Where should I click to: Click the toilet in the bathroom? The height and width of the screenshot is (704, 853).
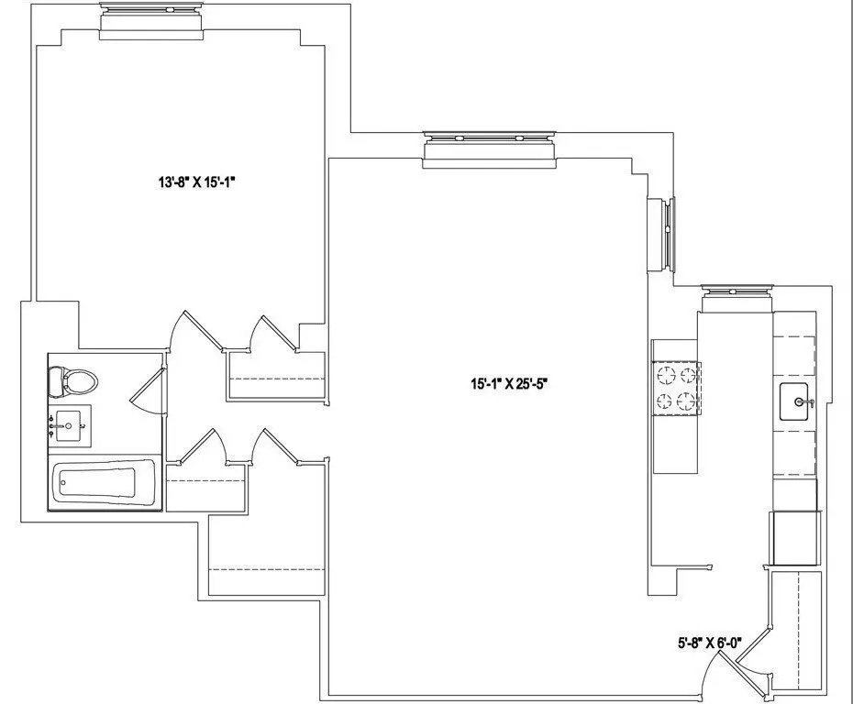coord(71,380)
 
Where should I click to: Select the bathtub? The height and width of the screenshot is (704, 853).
coord(94,481)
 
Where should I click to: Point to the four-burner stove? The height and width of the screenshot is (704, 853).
coord(677,387)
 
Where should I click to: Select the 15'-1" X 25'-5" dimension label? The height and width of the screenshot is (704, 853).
coord(510,384)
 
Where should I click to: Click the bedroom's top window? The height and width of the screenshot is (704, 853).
coord(151,20)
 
